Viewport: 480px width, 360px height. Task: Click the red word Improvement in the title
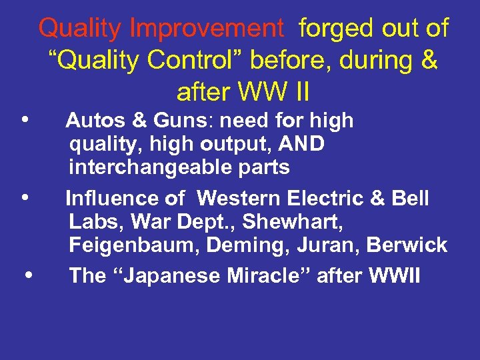pos(206,29)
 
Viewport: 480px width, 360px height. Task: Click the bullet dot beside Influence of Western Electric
pos(24,197)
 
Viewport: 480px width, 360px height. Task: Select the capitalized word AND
pos(301,143)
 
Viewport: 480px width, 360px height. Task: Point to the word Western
pos(241,198)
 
